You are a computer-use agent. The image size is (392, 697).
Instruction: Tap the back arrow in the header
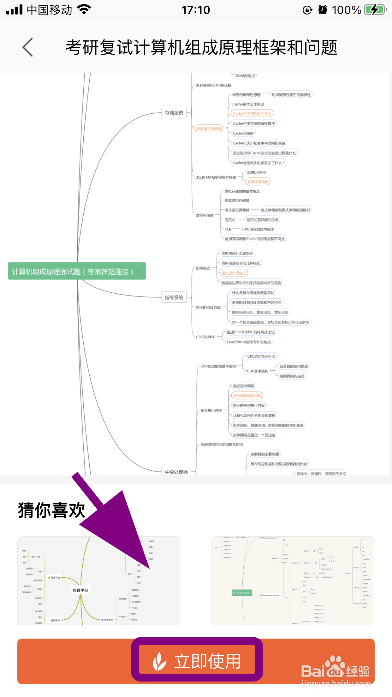(x=28, y=47)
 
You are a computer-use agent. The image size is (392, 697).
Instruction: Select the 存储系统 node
(x=174, y=113)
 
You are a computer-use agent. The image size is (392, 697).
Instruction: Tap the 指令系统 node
(x=174, y=297)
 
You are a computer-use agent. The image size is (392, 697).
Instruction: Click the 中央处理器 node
(x=176, y=472)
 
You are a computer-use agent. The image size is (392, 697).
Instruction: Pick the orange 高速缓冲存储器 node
(x=209, y=129)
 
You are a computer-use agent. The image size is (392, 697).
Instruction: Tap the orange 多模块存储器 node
(x=258, y=182)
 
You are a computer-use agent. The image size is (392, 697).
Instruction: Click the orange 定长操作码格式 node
(x=234, y=273)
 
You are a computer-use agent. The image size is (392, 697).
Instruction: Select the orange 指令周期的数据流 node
(x=247, y=396)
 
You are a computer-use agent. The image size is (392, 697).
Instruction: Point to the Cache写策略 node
(x=243, y=133)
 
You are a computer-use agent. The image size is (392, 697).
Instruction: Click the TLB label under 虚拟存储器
(x=228, y=229)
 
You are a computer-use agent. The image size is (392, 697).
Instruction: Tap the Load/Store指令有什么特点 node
(x=249, y=342)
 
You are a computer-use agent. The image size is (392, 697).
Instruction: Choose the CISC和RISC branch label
(x=206, y=337)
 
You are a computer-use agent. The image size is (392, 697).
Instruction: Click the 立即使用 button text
(x=207, y=661)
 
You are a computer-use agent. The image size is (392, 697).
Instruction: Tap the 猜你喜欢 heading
(x=51, y=510)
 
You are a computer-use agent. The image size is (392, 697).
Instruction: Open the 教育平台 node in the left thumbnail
(x=80, y=590)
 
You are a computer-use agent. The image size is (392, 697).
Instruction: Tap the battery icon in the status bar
(x=375, y=10)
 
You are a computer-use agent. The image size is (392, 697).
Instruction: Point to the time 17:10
(x=196, y=10)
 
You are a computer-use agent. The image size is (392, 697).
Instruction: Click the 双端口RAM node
(x=256, y=172)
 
